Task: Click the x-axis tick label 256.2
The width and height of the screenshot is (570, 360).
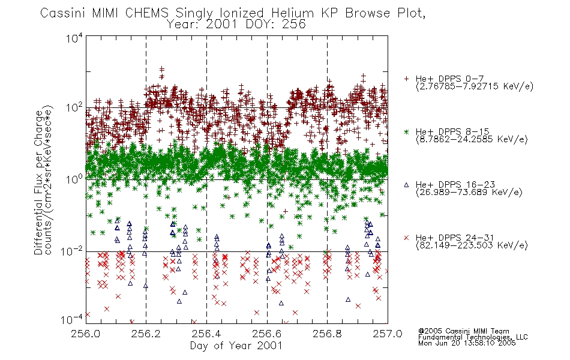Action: (146, 334)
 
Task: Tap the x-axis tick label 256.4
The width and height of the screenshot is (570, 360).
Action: (206, 334)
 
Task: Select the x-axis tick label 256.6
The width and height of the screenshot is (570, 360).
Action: (267, 334)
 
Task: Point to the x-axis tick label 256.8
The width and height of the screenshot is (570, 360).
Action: (327, 334)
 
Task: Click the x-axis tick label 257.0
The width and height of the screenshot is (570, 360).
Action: (388, 334)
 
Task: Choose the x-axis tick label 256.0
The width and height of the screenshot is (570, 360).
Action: (86, 334)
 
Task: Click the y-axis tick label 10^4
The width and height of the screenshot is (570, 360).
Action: (74, 38)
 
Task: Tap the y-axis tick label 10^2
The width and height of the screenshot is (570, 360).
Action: (74, 108)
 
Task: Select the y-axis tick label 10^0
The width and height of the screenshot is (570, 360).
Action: (74, 179)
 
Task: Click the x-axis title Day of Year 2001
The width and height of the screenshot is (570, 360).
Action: (236, 346)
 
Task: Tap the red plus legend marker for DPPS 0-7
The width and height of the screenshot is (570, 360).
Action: (406, 79)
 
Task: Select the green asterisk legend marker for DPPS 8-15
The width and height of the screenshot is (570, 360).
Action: (406, 131)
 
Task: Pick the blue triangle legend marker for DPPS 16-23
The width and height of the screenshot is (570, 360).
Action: (406, 185)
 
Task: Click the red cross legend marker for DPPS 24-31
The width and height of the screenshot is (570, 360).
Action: (406, 238)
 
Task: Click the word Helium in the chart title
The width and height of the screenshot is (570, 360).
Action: (293, 13)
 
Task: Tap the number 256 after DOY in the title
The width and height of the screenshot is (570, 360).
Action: (294, 25)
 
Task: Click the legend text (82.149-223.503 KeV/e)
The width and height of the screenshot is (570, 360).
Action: (472, 245)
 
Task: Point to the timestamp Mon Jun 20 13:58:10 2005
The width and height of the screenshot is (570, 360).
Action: (467, 343)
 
